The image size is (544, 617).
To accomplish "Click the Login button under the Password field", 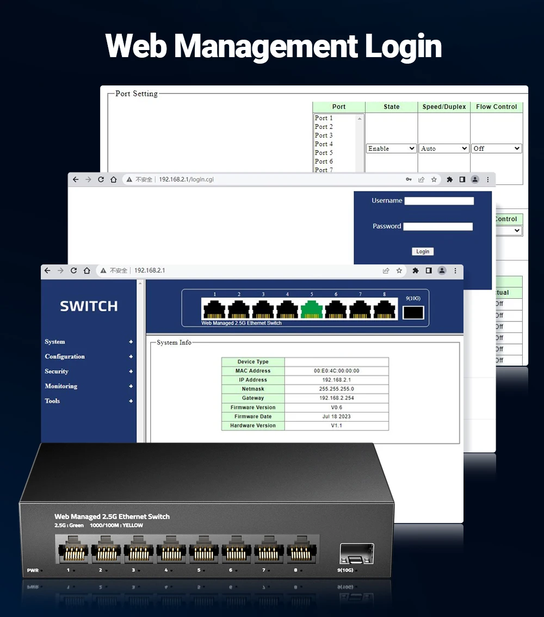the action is (423, 251).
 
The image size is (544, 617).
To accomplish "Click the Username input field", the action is (439, 201).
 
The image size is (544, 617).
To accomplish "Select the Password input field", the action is (438, 226).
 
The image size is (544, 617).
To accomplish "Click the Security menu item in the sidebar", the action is (57, 371).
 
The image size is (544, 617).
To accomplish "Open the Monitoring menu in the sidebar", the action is (61, 386).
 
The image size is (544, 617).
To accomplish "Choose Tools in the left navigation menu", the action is (52, 400).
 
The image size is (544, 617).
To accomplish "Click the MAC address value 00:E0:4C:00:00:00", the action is (336, 371).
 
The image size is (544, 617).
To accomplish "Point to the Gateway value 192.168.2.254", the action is (336, 398).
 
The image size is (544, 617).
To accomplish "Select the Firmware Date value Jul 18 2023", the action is (336, 417).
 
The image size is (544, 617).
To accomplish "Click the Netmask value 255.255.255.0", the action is (336, 389).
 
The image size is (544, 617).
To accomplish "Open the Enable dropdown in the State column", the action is (391, 149).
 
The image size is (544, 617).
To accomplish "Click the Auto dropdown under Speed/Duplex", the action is (444, 149).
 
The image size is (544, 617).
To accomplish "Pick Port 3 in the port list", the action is (324, 135).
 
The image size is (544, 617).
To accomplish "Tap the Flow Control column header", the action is (496, 107).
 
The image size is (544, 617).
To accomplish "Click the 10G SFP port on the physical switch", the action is (356, 553).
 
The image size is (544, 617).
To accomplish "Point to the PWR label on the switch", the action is (33, 570).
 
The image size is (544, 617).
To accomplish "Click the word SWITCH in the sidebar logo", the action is (89, 306).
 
